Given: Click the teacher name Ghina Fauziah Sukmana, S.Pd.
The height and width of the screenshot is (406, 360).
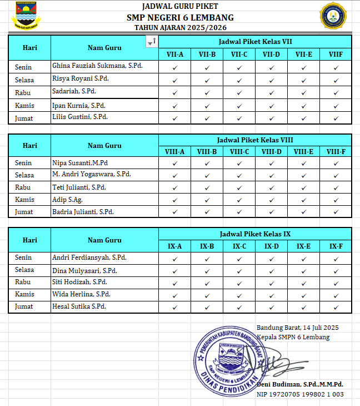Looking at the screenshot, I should click(x=97, y=66).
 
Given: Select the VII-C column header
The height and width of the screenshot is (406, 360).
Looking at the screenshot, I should click(x=239, y=54).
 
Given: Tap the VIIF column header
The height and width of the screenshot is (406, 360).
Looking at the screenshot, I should click(x=335, y=54).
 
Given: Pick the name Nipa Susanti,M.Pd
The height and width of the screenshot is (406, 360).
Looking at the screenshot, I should click(x=80, y=163).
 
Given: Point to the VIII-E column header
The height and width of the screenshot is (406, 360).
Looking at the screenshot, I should click(x=303, y=151).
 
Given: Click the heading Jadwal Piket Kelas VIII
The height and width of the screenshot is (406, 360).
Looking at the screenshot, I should click(x=255, y=140).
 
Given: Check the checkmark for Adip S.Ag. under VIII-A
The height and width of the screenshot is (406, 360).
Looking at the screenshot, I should click(x=174, y=200).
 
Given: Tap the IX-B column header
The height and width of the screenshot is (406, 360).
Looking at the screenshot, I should click(x=207, y=246).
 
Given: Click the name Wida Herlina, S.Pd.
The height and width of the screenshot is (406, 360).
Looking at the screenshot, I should click(x=81, y=294).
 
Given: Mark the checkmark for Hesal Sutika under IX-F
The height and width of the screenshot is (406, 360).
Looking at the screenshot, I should click(x=336, y=307).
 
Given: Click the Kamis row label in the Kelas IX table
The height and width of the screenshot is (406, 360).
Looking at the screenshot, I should click(x=24, y=294).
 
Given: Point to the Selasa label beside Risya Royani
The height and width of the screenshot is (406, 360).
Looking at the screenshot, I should click(x=24, y=80).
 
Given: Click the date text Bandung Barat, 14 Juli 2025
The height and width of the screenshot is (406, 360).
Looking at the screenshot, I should click(x=298, y=328).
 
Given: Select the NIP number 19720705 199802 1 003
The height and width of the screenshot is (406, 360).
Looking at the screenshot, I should click(x=300, y=394).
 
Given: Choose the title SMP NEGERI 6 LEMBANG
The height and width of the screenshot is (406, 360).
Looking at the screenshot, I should click(x=180, y=18).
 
